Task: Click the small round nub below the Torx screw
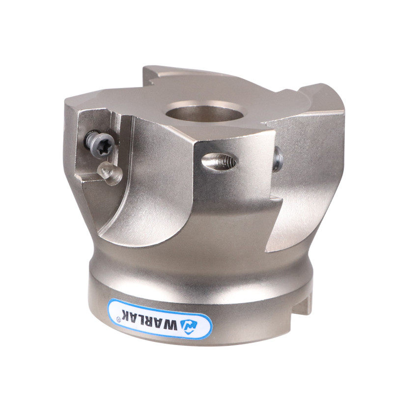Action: click(110, 173)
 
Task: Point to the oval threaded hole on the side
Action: click(220, 163)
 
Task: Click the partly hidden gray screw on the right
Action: click(278, 160)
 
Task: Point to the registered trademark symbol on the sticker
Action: click(118, 318)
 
